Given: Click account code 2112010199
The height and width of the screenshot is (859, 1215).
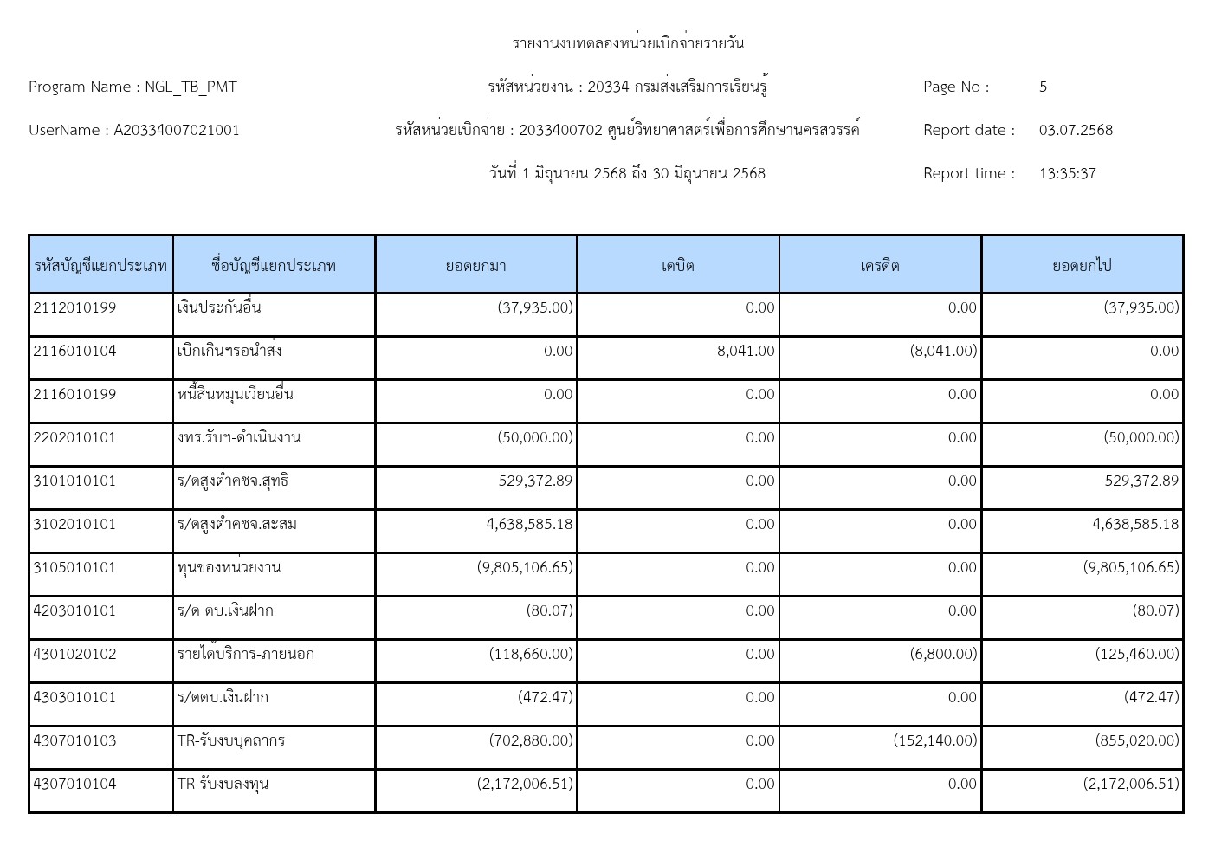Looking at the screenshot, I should pos(74,307).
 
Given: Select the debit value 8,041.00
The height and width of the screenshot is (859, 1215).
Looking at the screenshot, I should pos(746,351).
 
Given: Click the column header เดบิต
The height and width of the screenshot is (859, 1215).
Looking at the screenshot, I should pos(678,265).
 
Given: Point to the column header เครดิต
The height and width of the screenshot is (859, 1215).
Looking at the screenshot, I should pos(880,265).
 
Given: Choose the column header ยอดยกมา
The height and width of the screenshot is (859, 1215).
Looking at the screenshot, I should pos(475,265).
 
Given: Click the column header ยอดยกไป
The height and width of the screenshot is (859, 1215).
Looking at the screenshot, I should pos(1082,265).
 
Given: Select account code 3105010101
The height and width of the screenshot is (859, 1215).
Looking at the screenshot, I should pos(74,567).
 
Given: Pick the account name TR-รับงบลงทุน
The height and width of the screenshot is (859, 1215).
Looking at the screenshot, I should pos(223,784).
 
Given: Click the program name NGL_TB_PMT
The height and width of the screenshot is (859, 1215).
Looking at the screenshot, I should pos(191,87).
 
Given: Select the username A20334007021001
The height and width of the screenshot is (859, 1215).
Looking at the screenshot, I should pos(177,130).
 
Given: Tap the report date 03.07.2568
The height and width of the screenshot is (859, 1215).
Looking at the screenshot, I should pos(1076,130).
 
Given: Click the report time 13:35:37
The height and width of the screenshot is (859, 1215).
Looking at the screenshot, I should pos(1067,173).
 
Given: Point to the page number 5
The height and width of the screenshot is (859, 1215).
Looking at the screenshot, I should pos(1043,87).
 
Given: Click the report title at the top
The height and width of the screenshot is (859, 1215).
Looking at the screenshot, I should pos(628,43).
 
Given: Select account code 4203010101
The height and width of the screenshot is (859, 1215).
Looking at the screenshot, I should pos(74,610).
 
